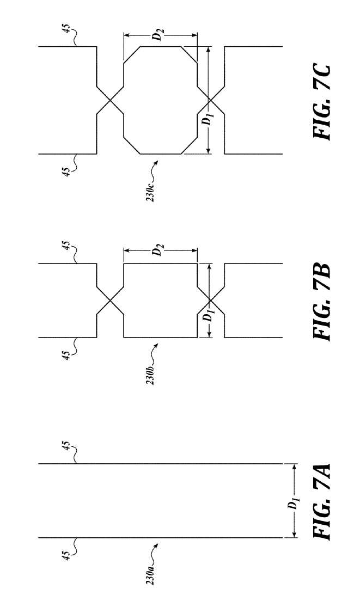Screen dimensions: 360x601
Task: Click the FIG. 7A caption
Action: pyautogui.click(x=320, y=501)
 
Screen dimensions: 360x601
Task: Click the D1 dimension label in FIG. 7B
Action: pyautogui.click(x=208, y=317)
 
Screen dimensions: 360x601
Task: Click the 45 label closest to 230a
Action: pyautogui.click(x=66, y=555)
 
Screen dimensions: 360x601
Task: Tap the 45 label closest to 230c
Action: pyautogui.click(x=66, y=171)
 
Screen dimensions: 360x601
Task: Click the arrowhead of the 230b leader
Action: pyautogui.click(x=157, y=345)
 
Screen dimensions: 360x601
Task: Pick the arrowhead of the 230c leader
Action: pyautogui.click(x=157, y=161)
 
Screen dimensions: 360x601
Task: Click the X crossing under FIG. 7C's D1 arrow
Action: pyautogui.click(x=210, y=100)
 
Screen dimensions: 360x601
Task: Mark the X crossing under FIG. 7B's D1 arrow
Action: pyautogui.click(x=210, y=300)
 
